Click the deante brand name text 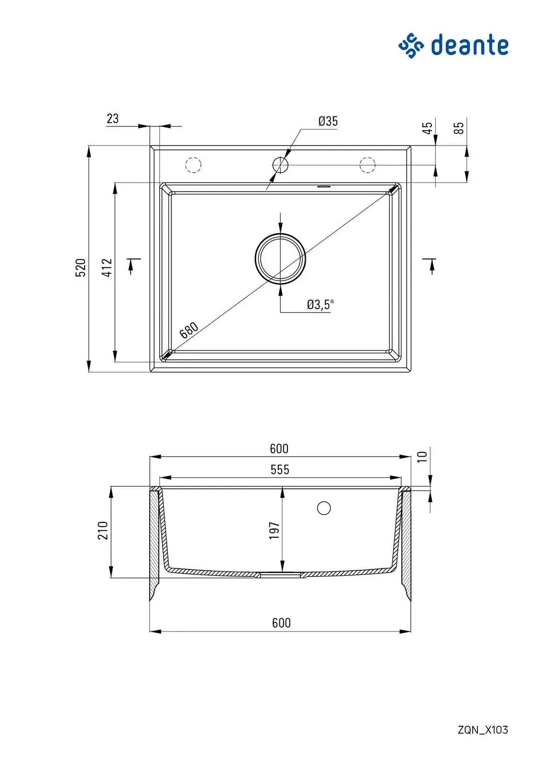(469, 45)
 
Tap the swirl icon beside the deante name (411, 45)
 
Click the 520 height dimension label (81, 268)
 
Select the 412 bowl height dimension (107, 268)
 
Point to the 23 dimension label (112, 119)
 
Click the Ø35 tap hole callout (328, 121)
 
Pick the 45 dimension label (428, 128)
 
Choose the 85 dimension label (459, 128)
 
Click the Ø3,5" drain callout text (320, 304)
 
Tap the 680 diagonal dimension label (188, 330)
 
